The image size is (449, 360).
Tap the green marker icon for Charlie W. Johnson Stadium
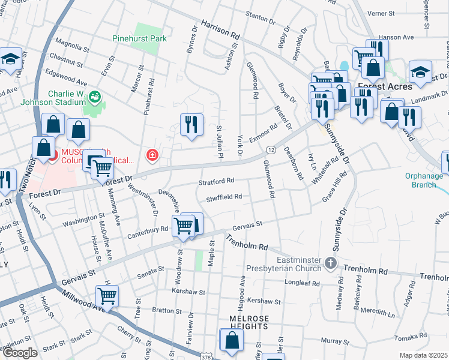tap(94, 97)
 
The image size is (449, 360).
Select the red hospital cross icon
tap(152, 156)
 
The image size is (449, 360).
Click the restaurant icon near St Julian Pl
tap(191, 125)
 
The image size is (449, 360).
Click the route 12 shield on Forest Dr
tap(271, 149)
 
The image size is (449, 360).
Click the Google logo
tap(20, 353)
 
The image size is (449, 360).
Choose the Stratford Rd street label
tap(215, 181)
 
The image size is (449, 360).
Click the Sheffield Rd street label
tap(223, 197)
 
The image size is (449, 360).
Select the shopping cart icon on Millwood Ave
tap(107, 295)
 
